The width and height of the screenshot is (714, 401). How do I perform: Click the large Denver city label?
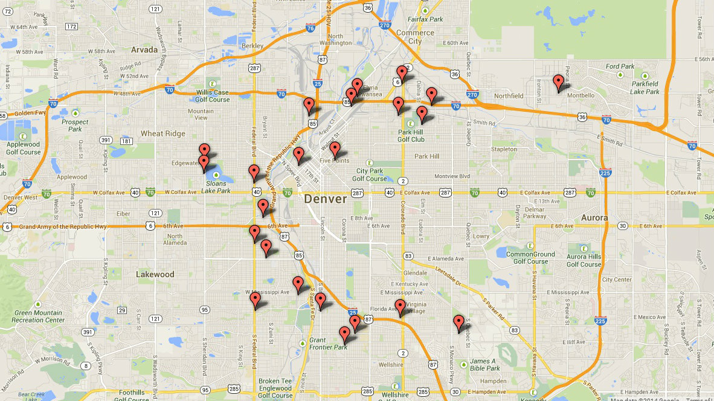pos(325,199)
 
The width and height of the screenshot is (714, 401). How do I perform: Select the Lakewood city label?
pos(155,274)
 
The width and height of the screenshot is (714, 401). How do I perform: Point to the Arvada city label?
pos(144,50)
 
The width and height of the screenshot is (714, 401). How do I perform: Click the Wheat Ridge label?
pos(160,133)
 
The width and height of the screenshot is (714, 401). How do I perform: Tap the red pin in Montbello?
pos(558,83)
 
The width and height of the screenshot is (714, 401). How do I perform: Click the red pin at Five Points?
pos(335,149)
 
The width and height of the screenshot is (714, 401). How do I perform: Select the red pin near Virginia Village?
pos(400,307)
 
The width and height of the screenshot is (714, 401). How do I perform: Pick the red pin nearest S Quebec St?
pos(458,322)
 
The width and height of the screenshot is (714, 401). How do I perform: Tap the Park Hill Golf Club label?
pos(411,135)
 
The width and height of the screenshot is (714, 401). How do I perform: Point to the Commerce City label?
pos(415,37)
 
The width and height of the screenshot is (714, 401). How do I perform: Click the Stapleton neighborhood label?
pos(504,149)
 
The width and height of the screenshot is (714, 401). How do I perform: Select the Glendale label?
pos(415,273)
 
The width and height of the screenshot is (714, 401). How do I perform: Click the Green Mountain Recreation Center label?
pos(39,316)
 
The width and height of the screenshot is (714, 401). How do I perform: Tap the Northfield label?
pos(508,96)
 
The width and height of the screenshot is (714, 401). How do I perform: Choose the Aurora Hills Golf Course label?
pos(584,260)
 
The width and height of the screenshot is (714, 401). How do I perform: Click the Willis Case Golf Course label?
pos(213,96)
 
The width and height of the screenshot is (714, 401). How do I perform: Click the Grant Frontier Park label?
pos(328,343)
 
